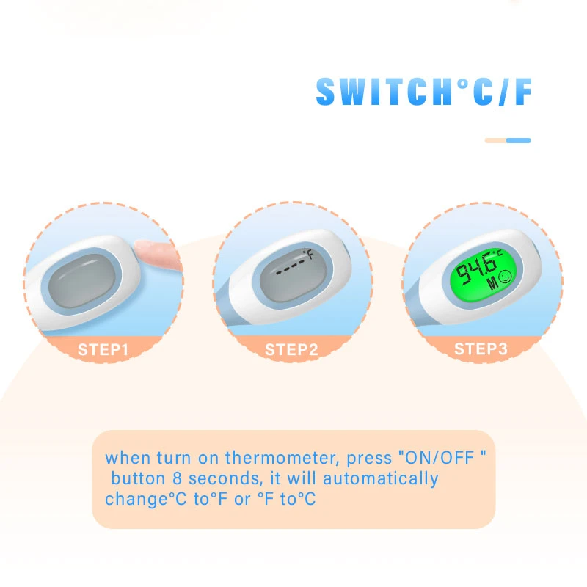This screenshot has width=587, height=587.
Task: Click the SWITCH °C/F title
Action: pyautogui.click(x=424, y=92)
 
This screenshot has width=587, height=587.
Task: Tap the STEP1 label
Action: pyautogui.click(x=103, y=350)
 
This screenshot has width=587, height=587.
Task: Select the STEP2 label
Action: pyautogui.click(x=291, y=350)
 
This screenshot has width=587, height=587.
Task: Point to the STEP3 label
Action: pyautogui.click(x=481, y=349)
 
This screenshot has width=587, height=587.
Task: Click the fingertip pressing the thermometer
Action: pyautogui.click(x=157, y=253)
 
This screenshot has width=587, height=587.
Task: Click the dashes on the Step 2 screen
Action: pyautogui.click(x=291, y=268)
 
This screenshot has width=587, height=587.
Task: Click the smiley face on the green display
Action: pyautogui.click(x=505, y=277)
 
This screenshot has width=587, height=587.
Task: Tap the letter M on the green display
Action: pyautogui.click(x=492, y=283)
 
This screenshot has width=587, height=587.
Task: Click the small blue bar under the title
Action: pyautogui.click(x=519, y=140)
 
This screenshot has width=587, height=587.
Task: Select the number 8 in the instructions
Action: pyautogui.click(x=177, y=478)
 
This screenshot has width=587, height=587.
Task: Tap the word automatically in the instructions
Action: pyautogui.click(x=380, y=479)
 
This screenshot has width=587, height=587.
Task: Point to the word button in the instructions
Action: pyautogui.click(x=138, y=478)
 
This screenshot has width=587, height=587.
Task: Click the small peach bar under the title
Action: pyautogui.click(x=496, y=140)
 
